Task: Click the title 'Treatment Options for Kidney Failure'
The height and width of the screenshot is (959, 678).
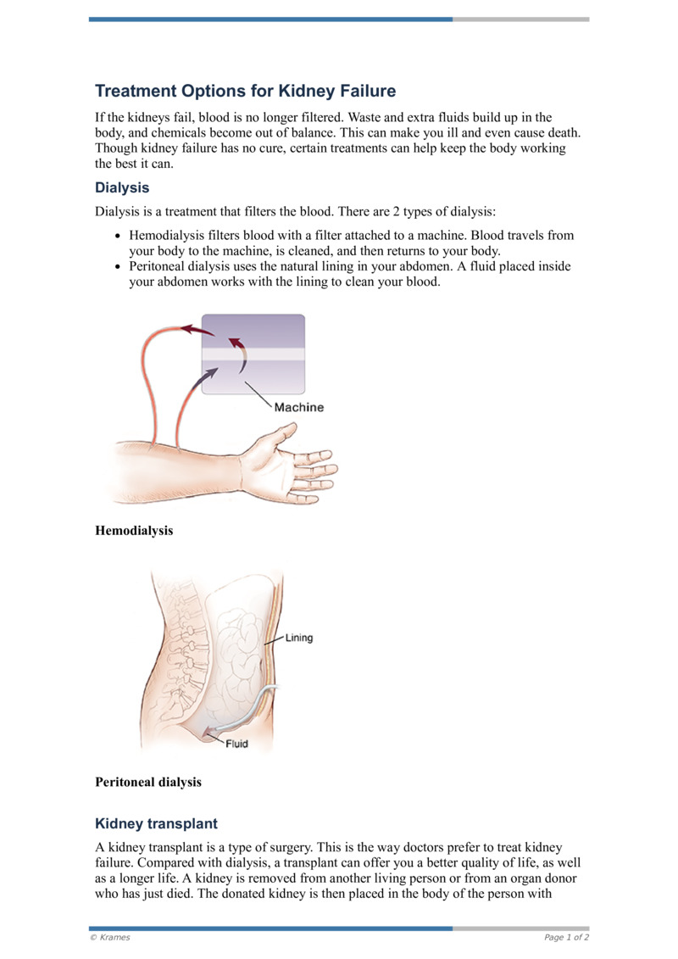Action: [245, 91]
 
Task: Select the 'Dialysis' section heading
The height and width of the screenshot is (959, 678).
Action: [122, 187]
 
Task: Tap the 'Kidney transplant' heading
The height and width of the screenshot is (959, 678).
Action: [156, 823]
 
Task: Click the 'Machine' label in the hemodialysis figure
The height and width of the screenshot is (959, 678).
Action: [298, 407]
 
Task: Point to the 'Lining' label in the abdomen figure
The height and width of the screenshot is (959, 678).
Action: [298, 638]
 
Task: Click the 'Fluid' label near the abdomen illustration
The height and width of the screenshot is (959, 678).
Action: [237, 745]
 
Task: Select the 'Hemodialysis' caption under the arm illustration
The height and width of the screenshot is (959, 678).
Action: [134, 531]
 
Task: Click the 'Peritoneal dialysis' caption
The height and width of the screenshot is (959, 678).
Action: [148, 782]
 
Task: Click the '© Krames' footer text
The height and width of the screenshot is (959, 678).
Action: [110, 937]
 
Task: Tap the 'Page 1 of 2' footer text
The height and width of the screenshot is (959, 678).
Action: [566, 937]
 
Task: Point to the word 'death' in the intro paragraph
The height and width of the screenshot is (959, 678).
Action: [561, 133]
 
